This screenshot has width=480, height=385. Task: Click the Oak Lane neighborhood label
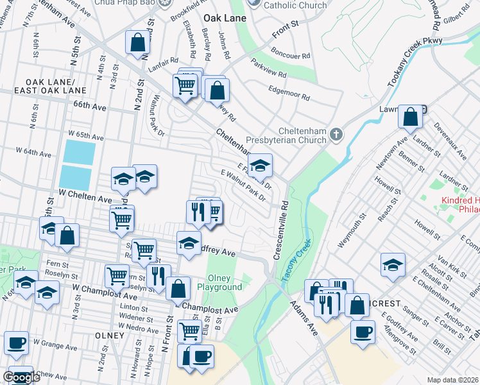[225, 18]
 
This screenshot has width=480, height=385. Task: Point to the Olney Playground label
[224, 282]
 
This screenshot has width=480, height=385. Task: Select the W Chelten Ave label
[85, 196]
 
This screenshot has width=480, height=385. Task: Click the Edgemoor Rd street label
[289, 94]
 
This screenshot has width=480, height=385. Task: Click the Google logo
[22, 377]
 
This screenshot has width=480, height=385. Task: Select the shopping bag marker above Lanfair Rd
[138, 43]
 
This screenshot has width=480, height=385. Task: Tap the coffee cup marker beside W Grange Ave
[16, 343]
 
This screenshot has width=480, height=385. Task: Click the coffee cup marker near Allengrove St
[363, 332]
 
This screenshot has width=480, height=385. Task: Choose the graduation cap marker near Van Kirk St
[393, 264]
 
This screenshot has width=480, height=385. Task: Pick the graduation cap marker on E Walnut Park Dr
[260, 166]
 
